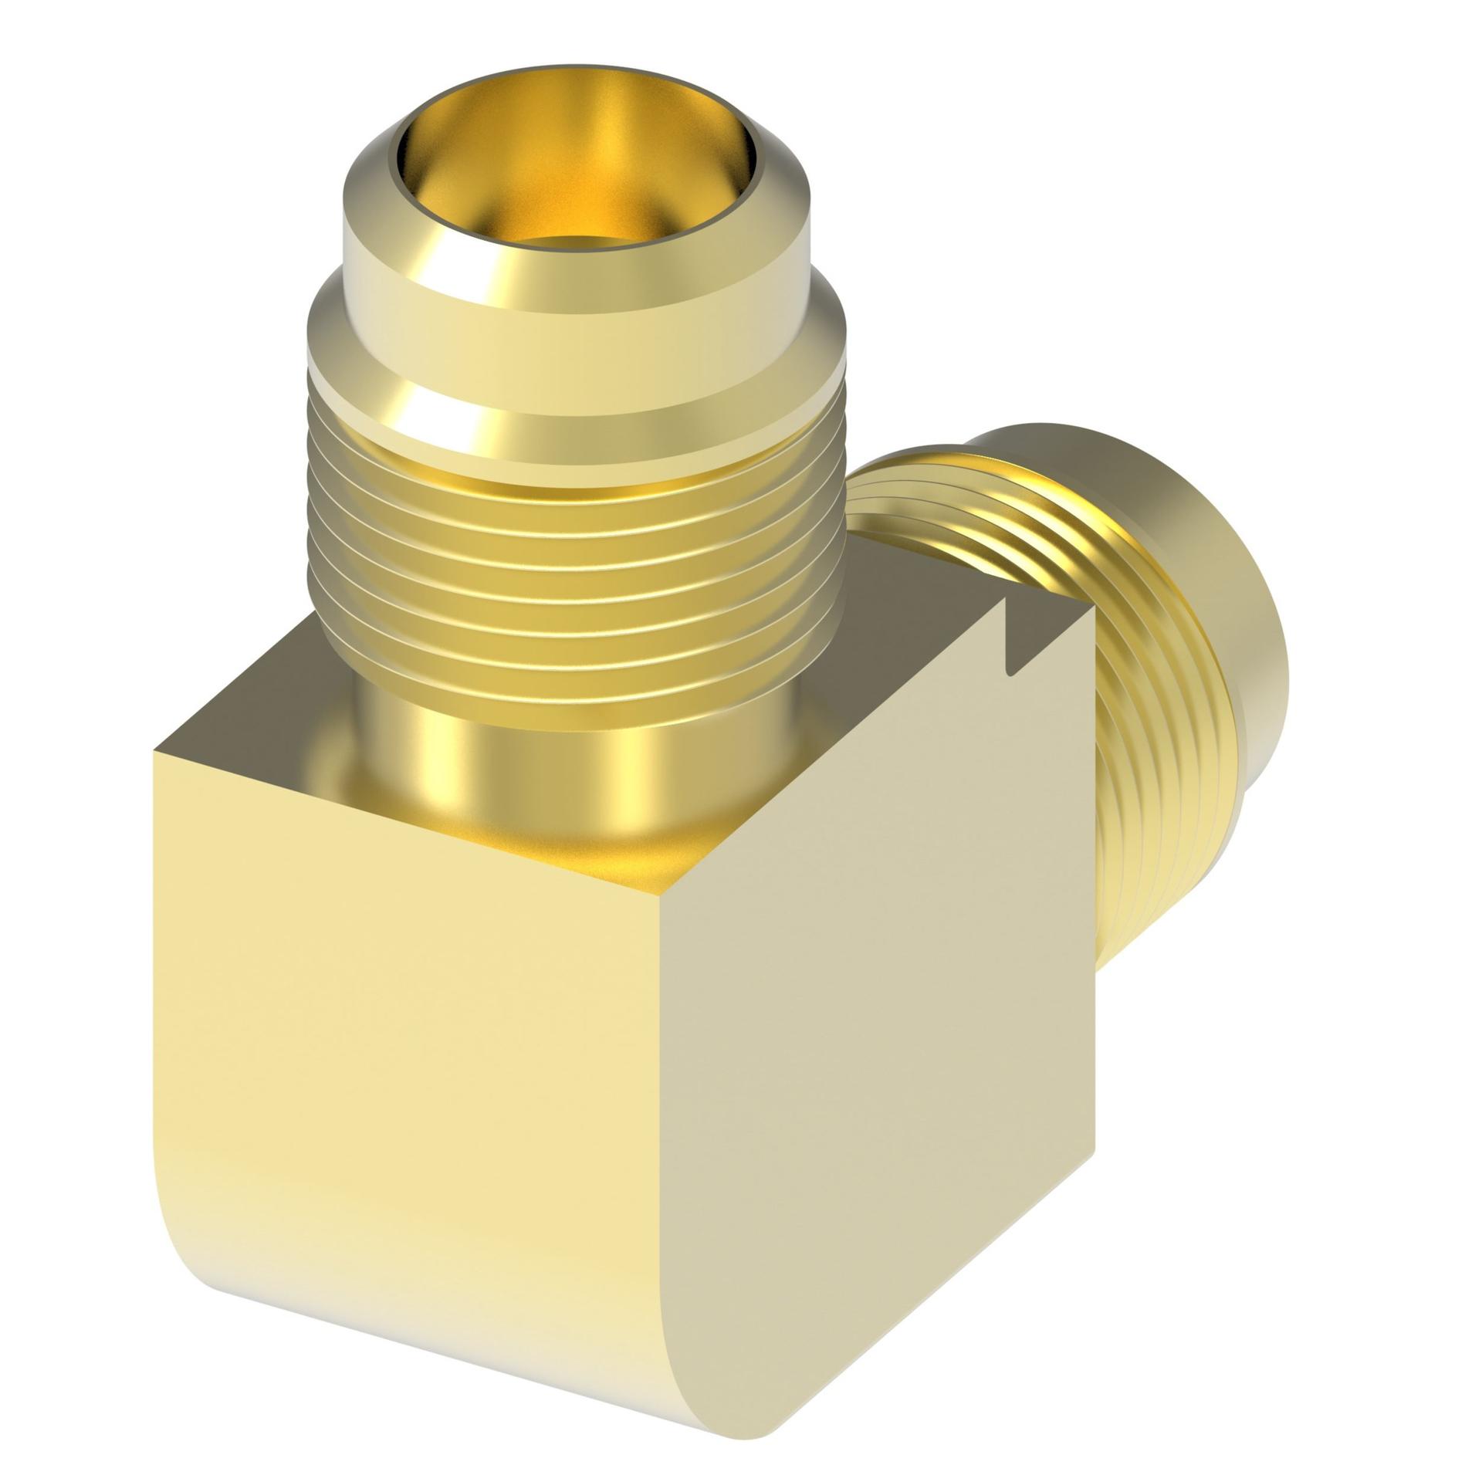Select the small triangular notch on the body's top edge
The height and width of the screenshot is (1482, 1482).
[1011, 648]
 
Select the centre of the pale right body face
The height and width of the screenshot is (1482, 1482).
[880, 1042]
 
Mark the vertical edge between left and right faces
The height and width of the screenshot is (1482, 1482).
[662, 1158]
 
